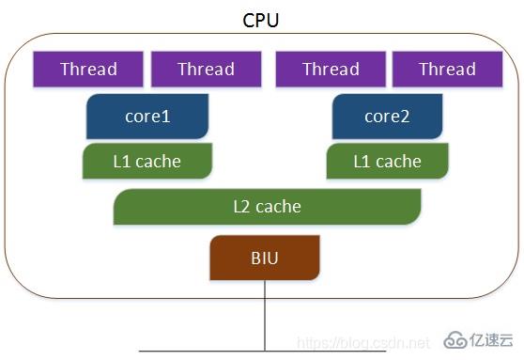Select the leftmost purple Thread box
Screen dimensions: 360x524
[x=88, y=69]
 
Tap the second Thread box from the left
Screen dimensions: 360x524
[x=206, y=69]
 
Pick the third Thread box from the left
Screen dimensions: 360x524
[x=331, y=69]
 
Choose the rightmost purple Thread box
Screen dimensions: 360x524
[x=447, y=69]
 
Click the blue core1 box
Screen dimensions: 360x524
[x=147, y=117]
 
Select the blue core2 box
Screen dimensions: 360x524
[x=387, y=117]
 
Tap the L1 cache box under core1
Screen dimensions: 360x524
[x=146, y=161]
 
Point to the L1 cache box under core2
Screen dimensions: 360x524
[x=387, y=161]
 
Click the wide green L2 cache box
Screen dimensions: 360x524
[x=267, y=206]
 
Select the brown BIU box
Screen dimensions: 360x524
[x=265, y=258]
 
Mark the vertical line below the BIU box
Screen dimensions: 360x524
[x=265, y=315]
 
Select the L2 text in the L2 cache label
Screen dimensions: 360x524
[x=242, y=206]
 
